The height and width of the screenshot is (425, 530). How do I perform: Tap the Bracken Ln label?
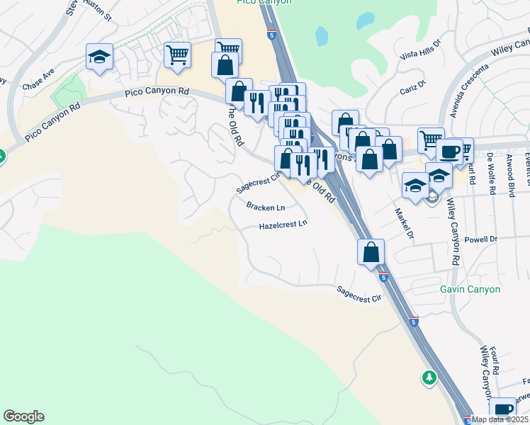tap(266, 208)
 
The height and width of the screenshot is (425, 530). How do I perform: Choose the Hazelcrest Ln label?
tap(283, 225)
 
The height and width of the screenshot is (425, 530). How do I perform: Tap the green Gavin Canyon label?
tap(470, 289)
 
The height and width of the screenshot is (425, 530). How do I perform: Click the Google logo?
tap(23, 416)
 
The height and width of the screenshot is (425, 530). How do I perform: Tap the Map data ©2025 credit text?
tap(500, 419)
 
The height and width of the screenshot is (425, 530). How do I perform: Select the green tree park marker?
tap(429, 378)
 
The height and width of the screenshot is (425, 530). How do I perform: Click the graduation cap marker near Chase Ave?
tap(100, 57)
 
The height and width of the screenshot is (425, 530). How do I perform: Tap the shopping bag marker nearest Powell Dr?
tap(371, 251)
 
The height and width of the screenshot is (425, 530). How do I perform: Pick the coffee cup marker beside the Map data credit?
tap(504, 409)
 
